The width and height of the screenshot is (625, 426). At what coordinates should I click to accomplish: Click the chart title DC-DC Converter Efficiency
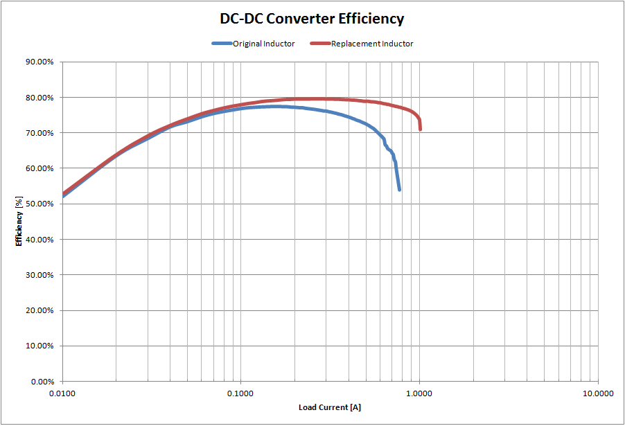coord(312,19)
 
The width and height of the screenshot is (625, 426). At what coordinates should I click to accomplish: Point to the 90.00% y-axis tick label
coord(39,62)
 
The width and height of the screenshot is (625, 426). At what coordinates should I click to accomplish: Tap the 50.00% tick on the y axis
coord(39,204)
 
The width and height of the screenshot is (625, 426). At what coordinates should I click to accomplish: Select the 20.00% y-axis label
coord(39,310)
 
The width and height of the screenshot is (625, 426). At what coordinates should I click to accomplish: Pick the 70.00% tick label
coord(39,133)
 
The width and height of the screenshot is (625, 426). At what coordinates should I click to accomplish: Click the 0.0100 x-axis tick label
coord(62,393)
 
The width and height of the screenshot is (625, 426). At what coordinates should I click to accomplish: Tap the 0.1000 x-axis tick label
coord(240,393)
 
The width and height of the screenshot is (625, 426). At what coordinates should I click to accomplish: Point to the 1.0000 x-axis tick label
coord(419,393)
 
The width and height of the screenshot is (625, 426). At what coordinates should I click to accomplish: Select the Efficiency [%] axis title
coord(19,221)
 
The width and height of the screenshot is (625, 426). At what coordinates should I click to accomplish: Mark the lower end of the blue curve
coord(400,189)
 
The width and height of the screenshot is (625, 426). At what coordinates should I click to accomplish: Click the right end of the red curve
coord(420,129)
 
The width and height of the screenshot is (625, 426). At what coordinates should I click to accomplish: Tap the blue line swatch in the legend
coord(222,44)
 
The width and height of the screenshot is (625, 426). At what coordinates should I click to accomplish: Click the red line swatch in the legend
coord(319,44)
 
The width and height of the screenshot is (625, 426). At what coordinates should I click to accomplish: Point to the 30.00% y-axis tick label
coord(39,275)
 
